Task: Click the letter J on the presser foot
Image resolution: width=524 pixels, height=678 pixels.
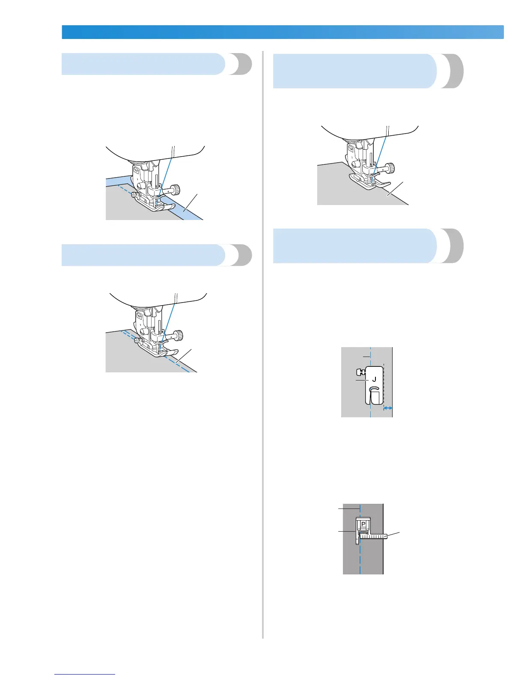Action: coord(374,379)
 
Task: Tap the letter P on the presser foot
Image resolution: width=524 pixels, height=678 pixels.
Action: coord(363,524)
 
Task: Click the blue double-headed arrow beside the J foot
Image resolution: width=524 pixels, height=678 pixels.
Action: coord(388,409)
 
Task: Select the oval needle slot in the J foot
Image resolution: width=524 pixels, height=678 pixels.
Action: coord(373,390)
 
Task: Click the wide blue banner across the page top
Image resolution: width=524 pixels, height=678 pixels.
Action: coord(283,32)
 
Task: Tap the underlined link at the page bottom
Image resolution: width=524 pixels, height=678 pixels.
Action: coord(85,674)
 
